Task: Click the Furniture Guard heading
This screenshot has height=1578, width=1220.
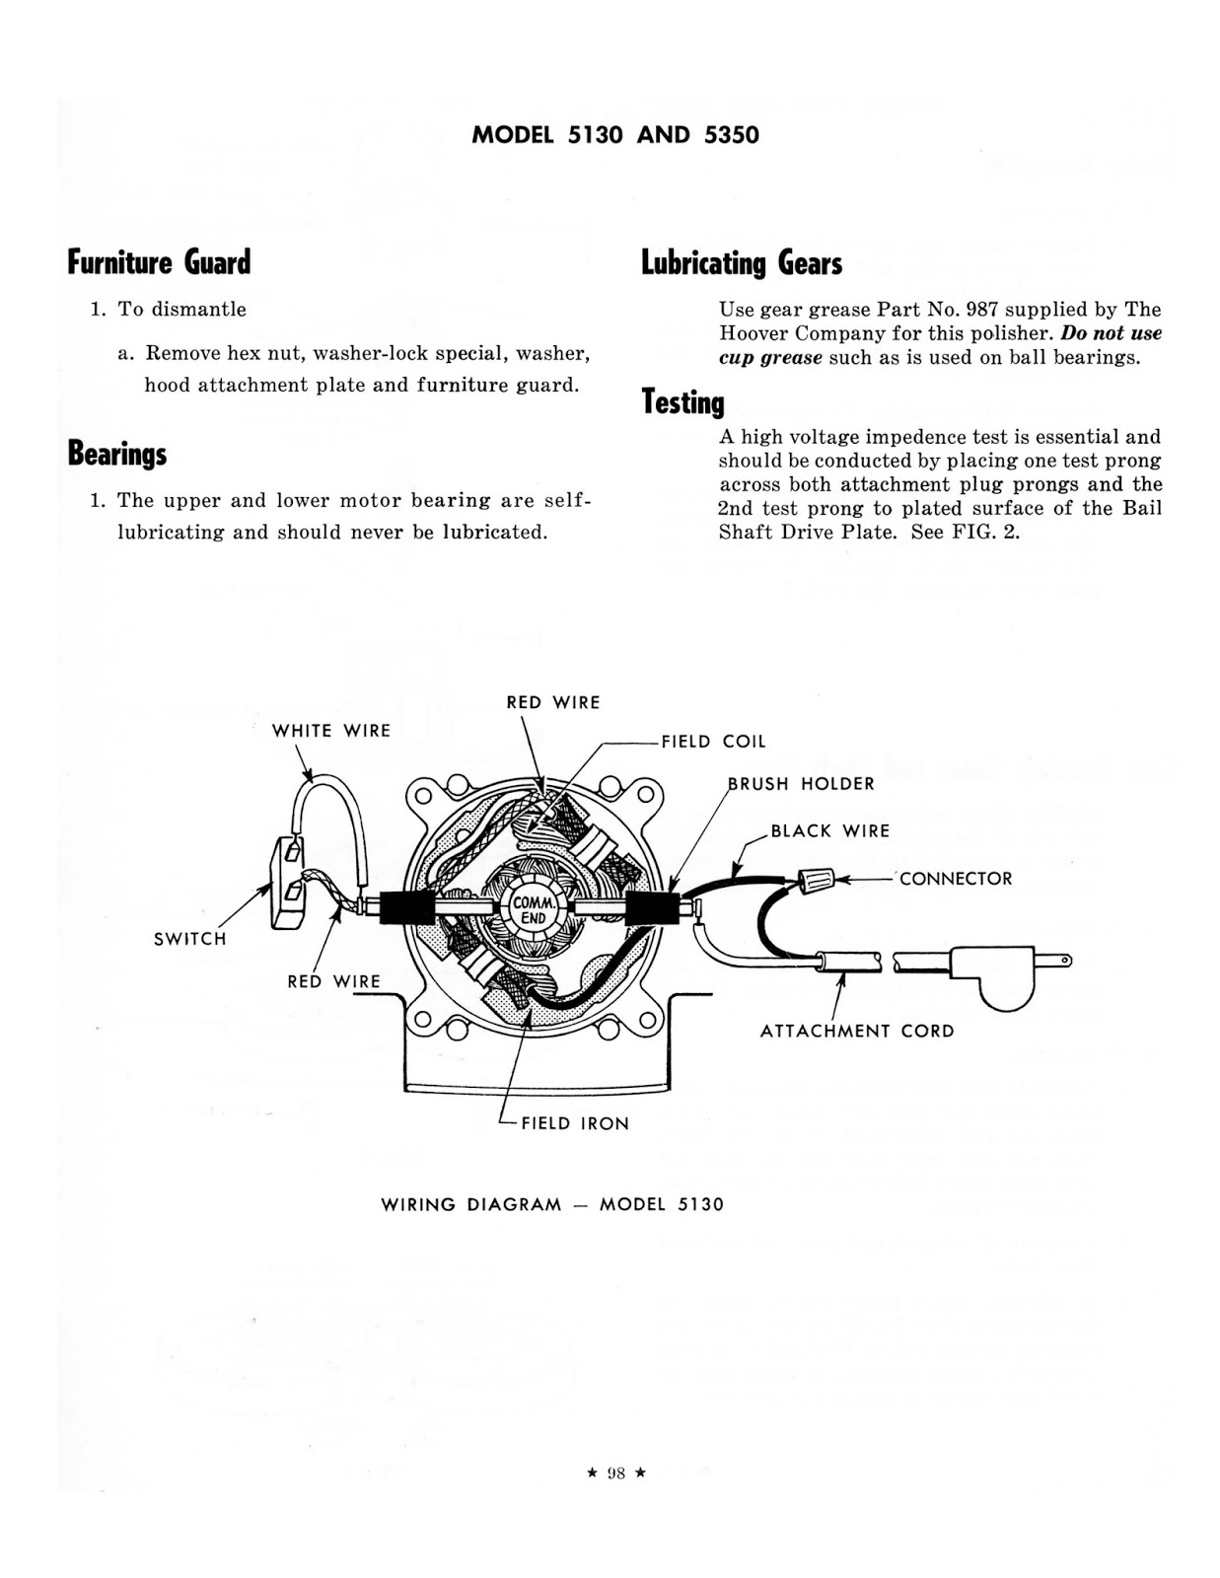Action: tap(159, 262)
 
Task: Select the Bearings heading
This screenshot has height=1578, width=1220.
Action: tap(116, 454)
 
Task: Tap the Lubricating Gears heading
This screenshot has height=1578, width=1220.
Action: tap(742, 263)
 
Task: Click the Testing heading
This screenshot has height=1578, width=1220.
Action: tap(682, 402)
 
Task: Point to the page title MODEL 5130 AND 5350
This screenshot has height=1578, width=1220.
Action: tap(615, 135)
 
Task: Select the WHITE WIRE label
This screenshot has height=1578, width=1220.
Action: tap(331, 731)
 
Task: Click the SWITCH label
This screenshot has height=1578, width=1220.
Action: tap(190, 939)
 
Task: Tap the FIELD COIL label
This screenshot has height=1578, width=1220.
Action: tap(713, 742)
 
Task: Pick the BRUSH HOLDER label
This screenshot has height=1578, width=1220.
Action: tap(801, 784)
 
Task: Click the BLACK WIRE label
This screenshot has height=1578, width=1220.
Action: tap(829, 831)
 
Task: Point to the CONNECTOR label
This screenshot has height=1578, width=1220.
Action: tap(955, 879)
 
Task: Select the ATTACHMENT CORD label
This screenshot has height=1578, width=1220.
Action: tap(857, 1032)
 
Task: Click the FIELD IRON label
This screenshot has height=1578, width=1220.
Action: tap(574, 1123)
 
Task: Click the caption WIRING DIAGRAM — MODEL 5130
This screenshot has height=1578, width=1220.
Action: tap(552, 1204)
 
